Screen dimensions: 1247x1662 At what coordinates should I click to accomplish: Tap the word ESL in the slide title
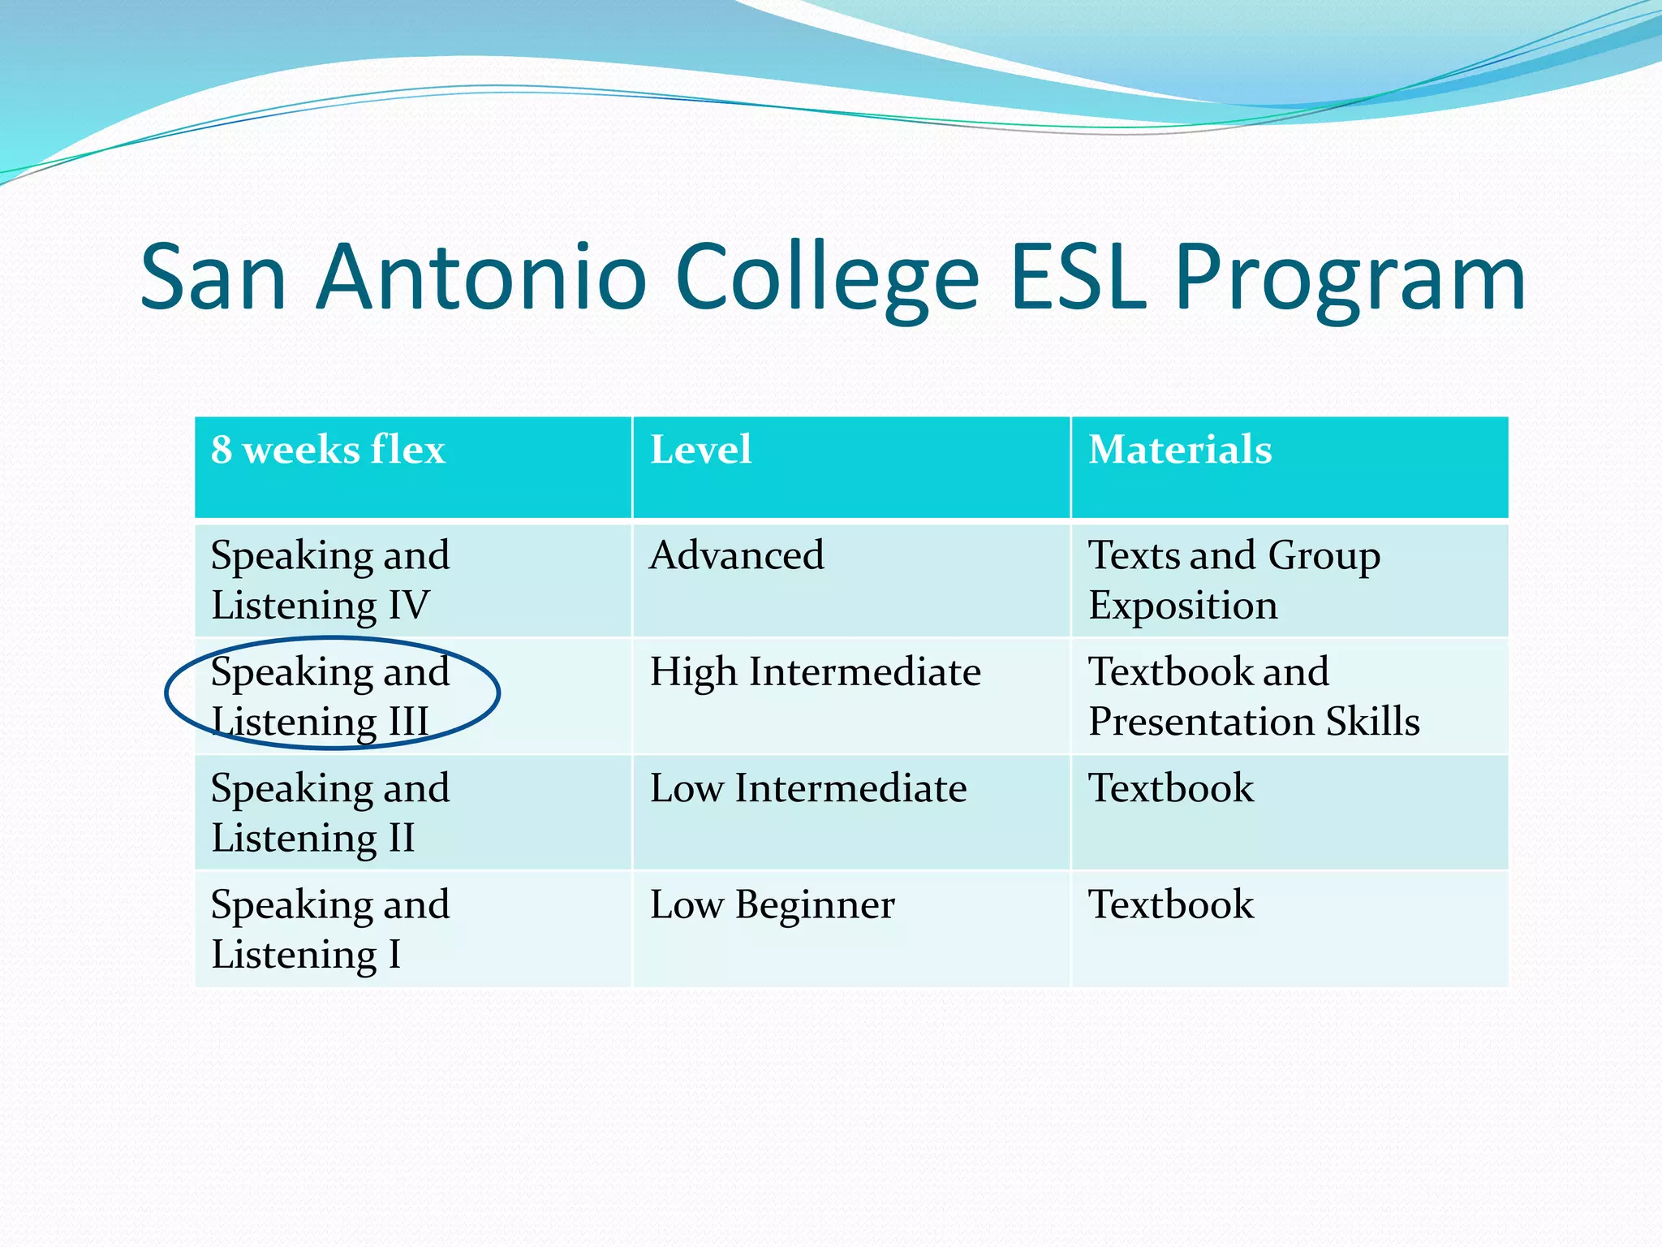point(1079,278)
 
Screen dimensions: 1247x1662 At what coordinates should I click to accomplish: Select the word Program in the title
point(1350,278)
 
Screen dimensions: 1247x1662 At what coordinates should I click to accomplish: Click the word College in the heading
point(827,278)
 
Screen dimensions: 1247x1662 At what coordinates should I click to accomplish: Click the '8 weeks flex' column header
point(328,450)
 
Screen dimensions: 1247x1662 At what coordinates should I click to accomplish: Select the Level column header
point(700,450)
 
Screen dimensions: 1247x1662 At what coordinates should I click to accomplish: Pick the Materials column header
point(1180,450)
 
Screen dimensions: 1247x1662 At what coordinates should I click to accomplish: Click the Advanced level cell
point(736,556)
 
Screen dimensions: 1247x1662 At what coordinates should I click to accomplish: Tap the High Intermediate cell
point(815,672)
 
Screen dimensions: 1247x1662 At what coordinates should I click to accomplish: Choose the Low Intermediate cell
point(808,788)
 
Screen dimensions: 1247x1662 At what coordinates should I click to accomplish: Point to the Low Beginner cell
point(772,904)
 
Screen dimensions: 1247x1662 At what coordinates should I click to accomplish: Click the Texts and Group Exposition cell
point(1234,580)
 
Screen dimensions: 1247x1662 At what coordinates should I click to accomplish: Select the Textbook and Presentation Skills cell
point(1253,696)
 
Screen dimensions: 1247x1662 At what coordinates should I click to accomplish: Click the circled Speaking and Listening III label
point(330,696)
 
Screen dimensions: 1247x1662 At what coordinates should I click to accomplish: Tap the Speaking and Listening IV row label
point(330,580)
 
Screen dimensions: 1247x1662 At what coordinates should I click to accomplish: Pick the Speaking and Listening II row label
point(330,812)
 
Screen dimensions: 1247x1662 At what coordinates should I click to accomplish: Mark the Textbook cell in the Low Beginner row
point(1170,904)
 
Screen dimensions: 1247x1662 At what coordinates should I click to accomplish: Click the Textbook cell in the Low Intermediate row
point(1170,788)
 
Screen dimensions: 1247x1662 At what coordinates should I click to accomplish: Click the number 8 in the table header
point(221,450)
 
